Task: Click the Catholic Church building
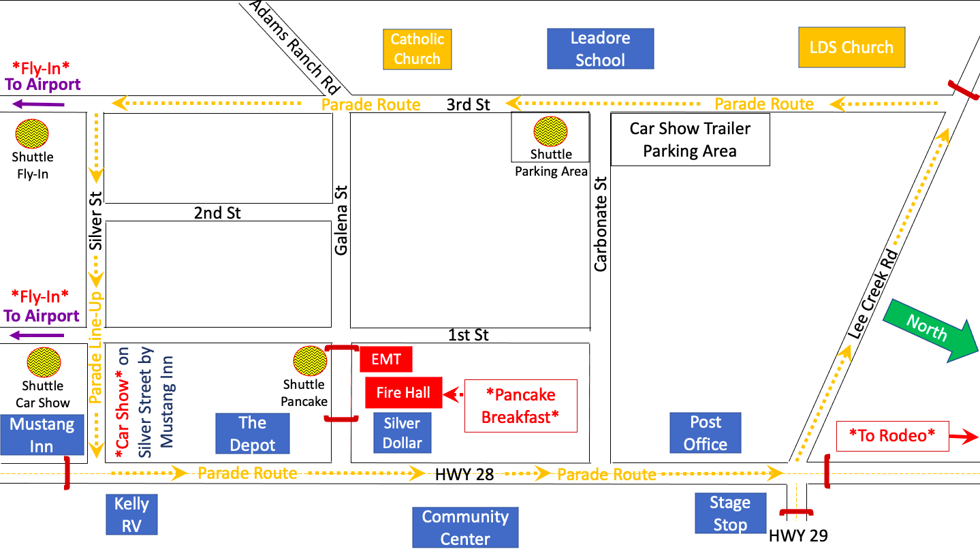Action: click(x=417, y=49)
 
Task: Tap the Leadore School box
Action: click(x=600, y=49)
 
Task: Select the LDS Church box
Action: click(x=851, y=47)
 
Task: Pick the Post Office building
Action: click(x=705, y=433)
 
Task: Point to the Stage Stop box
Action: click(x=729, y=514)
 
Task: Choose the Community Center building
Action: click(x=465, y=527)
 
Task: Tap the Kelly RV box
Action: click(x=131, y=514)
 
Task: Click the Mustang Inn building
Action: click(x=42, y=435)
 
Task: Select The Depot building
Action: click(x=252, y=433)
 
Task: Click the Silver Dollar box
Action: click(x=402, y=433)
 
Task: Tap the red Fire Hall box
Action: click(x=403, y=393)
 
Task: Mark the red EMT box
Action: click(x=385, y=359)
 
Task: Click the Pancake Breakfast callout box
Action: click(x=520, y=406)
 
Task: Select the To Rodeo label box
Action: click(x=892, y=435)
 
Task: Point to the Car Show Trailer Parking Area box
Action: click(x=690, y=140)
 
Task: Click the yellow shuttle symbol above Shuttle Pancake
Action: click(x=309, y=361)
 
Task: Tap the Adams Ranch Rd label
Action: click(x=295, y=46)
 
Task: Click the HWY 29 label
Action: click(x=798, y=536)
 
